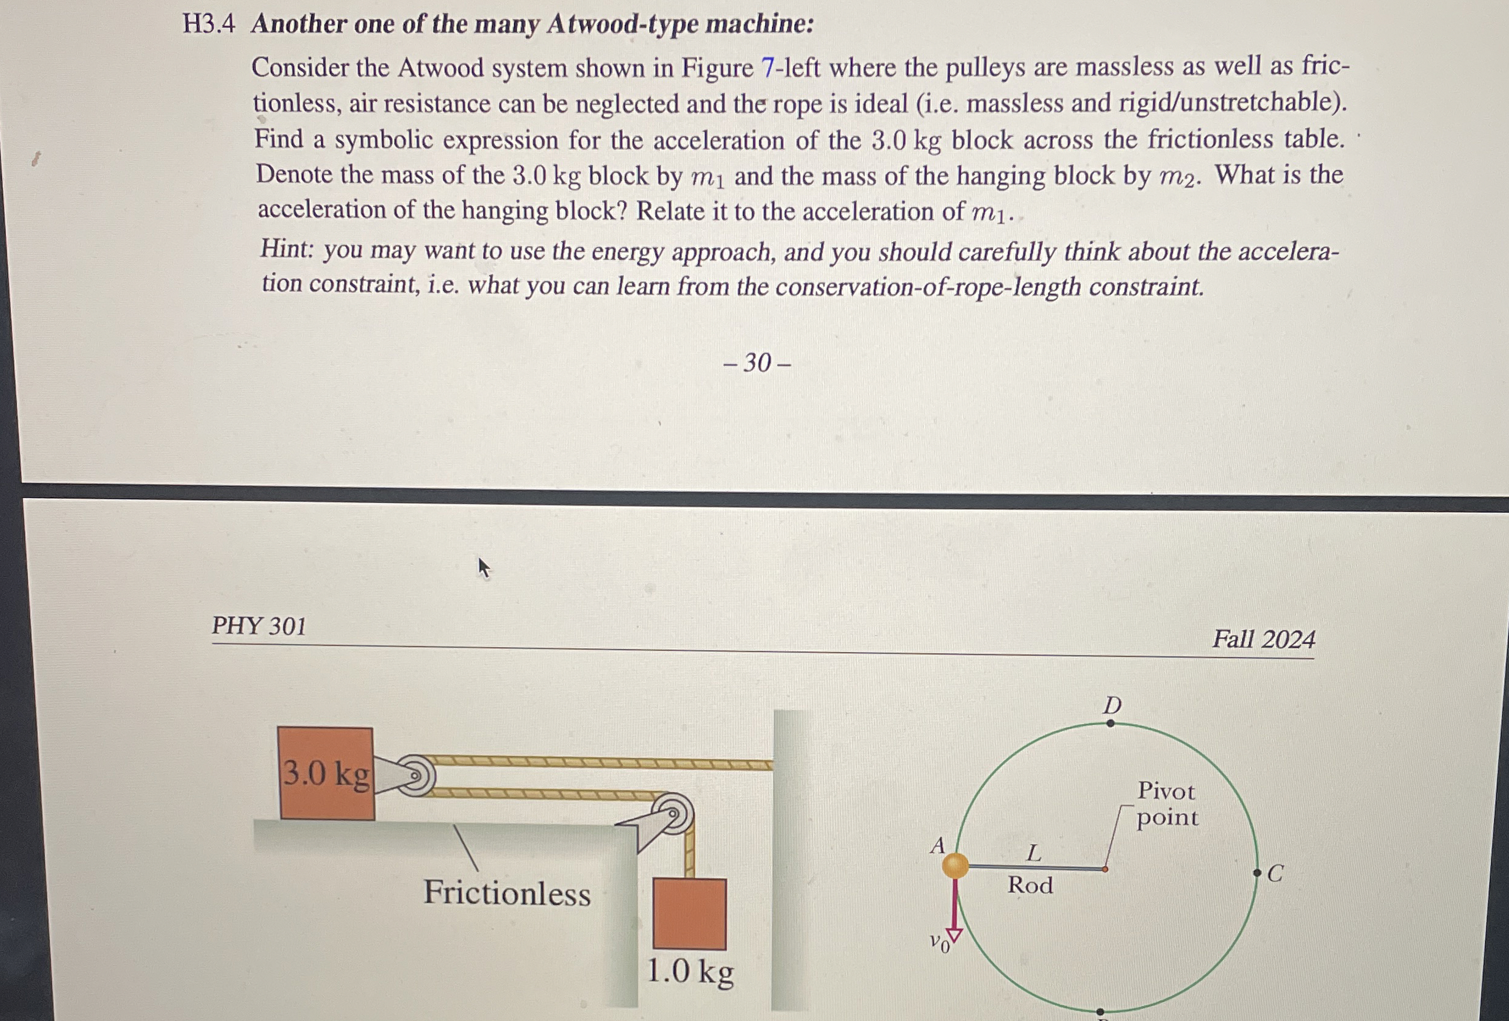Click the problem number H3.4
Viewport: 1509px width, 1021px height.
(208, 24)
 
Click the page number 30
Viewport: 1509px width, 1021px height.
(757, 362)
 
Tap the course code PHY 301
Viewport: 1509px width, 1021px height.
(259, 626)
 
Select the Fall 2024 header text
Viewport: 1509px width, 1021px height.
(1263, 639)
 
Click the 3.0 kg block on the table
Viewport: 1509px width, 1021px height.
(326, 773)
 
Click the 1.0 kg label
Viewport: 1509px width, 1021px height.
(690, 972)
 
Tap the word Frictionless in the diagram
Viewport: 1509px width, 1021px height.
(507, 893)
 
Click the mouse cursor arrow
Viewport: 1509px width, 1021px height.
(483, 567)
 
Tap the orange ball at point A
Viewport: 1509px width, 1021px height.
(955, 865)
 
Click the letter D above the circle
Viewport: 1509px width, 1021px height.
(1113, 705)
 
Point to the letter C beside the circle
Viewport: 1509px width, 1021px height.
(1275, 873)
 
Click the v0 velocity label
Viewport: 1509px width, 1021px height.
(939, 942)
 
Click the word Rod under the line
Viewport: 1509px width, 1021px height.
(1030, 886)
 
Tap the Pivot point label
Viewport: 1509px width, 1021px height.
(1167, 803)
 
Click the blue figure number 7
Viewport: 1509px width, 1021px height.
(767, 68)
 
